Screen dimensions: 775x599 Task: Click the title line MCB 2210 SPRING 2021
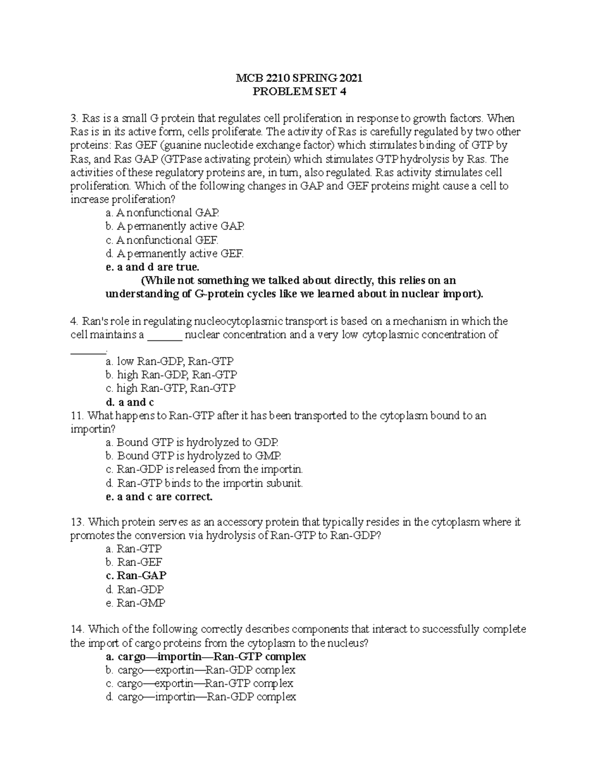click(x=299, y=78)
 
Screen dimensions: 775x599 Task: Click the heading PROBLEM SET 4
click(x=299, y=92)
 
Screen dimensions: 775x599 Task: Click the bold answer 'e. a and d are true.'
click(x=152, y=267)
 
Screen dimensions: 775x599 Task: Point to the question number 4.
click(x=74, y=321)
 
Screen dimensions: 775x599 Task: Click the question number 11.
click(x=76, y=416)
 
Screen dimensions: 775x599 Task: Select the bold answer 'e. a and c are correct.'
click(x=159, y=497)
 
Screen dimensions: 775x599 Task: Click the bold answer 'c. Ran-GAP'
click(x=136, y=575)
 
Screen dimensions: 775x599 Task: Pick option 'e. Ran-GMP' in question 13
click(x=136, y=603)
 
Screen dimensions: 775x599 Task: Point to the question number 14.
click(x=76, y=629)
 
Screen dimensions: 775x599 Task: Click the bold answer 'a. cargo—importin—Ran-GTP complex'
click(x=206, y=657)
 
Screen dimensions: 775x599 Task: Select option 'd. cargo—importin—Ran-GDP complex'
click(x=201, y=697)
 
